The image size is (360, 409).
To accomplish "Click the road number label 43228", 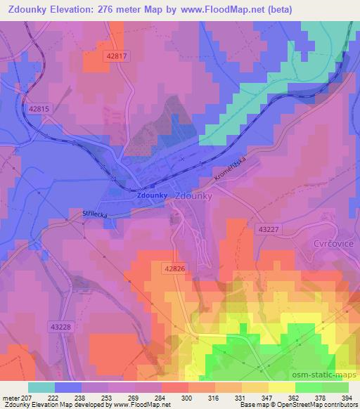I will [x=61, y=325].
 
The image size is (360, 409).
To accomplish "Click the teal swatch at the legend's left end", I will [x=41, y=387].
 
